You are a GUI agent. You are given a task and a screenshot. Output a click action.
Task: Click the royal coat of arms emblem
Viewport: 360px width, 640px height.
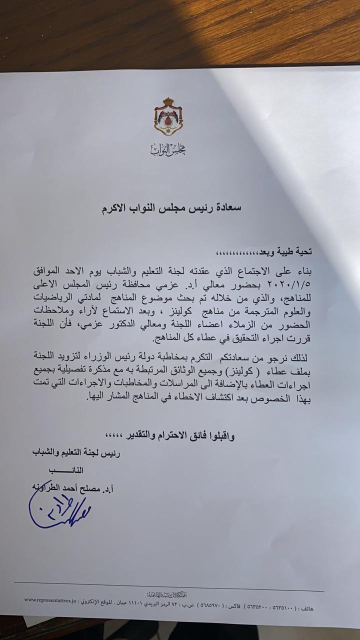(x=168, y=116)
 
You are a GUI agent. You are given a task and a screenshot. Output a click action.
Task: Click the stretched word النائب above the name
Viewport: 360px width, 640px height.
(x=65, y=470)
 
